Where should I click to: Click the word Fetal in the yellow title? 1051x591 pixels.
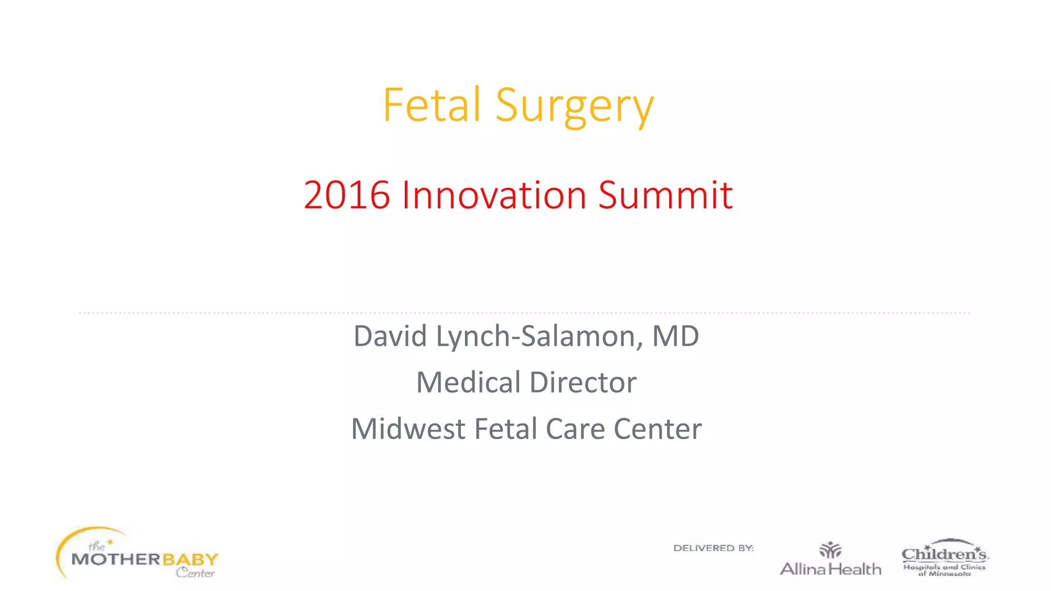(x=432, y=105)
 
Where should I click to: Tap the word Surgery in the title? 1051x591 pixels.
(x=575, y=107)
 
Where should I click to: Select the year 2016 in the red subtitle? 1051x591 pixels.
(x=346, y=195)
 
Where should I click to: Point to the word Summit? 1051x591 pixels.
(x=665, y=195)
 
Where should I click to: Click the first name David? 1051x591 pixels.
(x=391, y=336)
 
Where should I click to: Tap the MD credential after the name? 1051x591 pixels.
(x=675, y=336)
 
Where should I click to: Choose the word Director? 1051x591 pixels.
(x=583, y=382)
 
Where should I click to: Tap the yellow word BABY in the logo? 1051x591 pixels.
(x=190, y=559)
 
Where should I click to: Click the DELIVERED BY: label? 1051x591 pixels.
(x=713, y=548)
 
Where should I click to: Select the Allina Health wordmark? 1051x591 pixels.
(x=830, y=569)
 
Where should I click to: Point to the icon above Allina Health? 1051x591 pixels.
(x=830, y=550)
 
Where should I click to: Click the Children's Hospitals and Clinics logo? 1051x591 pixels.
(x=945, y=558)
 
